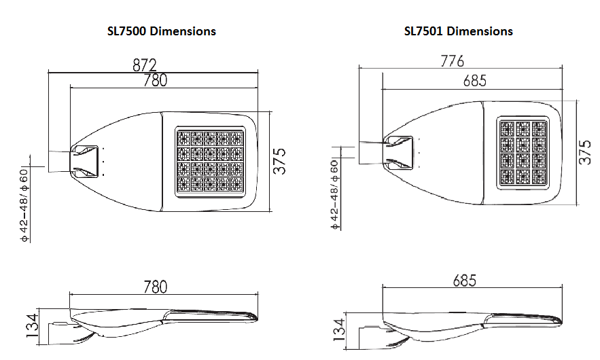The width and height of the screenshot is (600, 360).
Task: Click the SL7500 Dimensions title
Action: [x=162, y=31]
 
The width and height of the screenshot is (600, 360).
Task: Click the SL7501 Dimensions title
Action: [x=459, y=31]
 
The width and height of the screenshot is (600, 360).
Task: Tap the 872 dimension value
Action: [x=145, y=65]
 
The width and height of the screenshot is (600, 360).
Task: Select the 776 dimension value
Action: [x=453, y=61]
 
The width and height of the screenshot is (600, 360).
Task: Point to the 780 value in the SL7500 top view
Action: [x=156, y=80]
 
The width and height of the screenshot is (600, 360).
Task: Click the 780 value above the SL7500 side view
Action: [x=156, y=287]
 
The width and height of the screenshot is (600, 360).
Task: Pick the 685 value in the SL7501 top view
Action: [x=475, y=81]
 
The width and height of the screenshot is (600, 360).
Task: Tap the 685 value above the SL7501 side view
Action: [x=465, y=281]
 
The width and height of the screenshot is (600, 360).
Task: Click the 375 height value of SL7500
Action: [x=280, y=161]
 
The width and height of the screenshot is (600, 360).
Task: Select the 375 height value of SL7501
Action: [x=585, y=152]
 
